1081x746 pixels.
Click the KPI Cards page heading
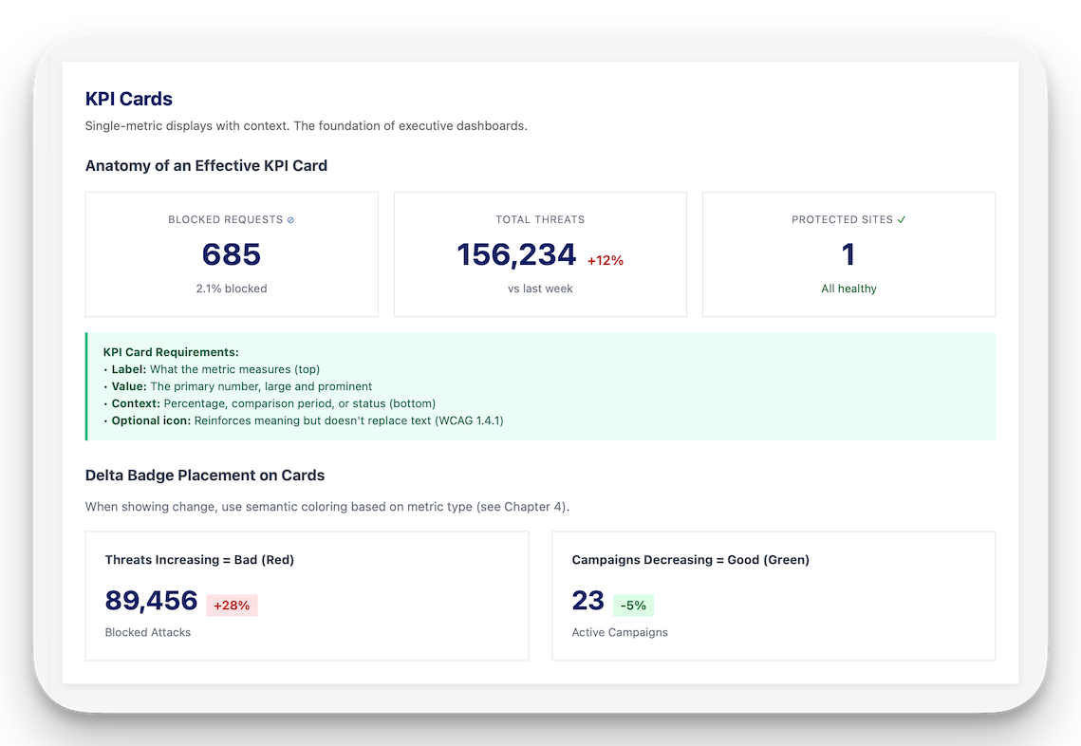[x=129, y=99]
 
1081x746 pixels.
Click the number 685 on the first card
[x=232, y=254]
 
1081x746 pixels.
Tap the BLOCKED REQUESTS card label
[x=225, y=219]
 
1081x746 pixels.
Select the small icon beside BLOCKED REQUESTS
[x=290, y=220]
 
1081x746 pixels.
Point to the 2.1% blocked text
[x=232, y=289]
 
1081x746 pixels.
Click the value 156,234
[x=516, y=254]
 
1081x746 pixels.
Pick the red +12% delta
[x=606, y=260]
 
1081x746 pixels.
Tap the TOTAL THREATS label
[x=540, y=219]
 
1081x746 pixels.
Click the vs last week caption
[x=540, y=289]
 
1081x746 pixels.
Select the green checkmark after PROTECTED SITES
[x=902, y=219]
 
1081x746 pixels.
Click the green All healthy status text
[x=848, y=289]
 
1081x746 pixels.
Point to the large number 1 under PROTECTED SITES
[x=848, y=254]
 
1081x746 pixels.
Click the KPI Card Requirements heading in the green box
[x=171, y=352]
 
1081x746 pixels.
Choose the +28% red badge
[x=232, y=606]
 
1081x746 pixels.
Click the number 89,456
[x=151, y=601]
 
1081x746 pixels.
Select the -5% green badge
[x=633, y=606]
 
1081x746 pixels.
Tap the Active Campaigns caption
[x=620, y=632]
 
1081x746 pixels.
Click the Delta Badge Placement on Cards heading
[x=205, y=476]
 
